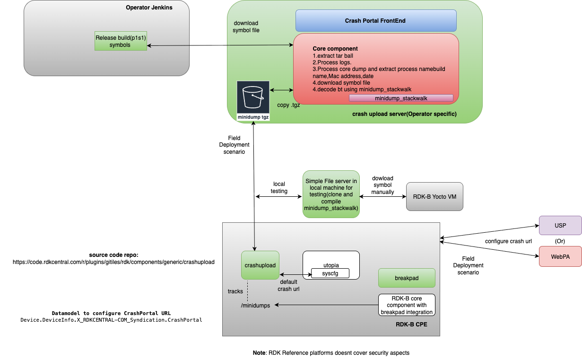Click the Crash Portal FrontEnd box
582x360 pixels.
(376, 21)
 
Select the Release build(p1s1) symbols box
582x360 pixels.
(120, 42)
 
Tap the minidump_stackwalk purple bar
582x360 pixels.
(401, 98)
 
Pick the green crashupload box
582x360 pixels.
(260, 266)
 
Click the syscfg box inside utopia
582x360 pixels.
(330, 273)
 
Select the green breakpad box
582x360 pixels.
(407, 278)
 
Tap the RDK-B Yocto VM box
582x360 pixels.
(434, 196)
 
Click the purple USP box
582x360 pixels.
(560, 225)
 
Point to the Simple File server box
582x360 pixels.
(330, 194)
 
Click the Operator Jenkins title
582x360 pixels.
(149, 8)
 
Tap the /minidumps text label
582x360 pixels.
(255, 306)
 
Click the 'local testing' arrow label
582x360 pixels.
(279, 187)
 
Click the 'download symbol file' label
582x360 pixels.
(246, 27)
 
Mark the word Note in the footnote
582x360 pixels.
(259, 353)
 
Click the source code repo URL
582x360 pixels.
(113, 262)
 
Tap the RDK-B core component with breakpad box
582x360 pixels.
(407, 305)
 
